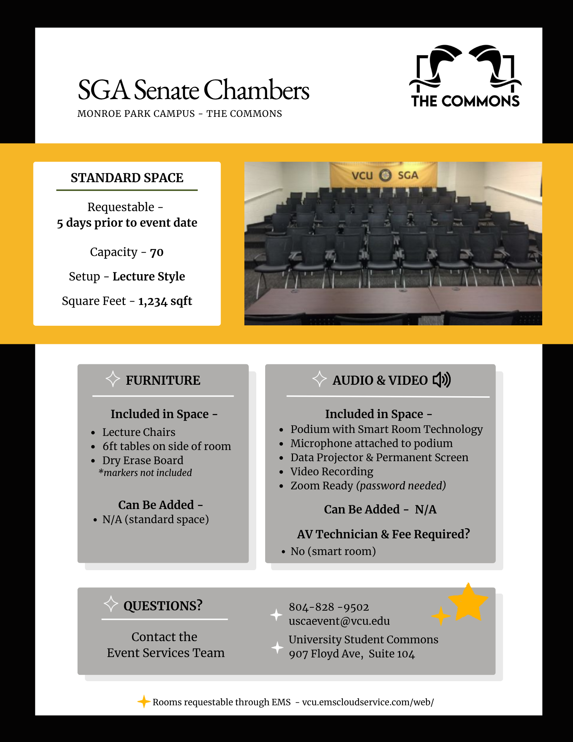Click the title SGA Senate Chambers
coord(193,90)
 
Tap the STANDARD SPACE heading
coord(127,178)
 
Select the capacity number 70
coord(157,252)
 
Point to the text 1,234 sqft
coord(165,301)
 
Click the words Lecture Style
coord(148,276)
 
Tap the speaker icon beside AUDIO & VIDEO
coord(442,380)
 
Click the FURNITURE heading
coord(163,380)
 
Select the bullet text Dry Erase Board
coord(143,460)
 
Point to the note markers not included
coord(147,473)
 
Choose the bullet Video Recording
coord(332,472)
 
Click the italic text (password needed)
coord(401,486)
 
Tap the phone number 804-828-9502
coord(329,607)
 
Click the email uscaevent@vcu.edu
coord(339,621)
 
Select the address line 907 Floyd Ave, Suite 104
coord(352,654)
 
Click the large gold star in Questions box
coord(468,603)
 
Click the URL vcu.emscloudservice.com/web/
coord(368,702)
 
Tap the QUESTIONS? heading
coord(163,606)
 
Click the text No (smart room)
coord(333,551)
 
